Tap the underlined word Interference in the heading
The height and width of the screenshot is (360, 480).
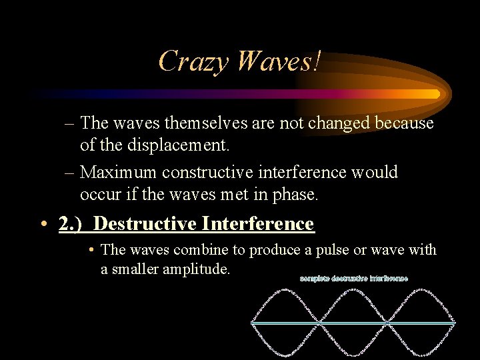258,223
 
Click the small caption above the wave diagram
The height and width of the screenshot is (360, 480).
353,278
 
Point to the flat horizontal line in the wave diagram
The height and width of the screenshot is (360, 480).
353,323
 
